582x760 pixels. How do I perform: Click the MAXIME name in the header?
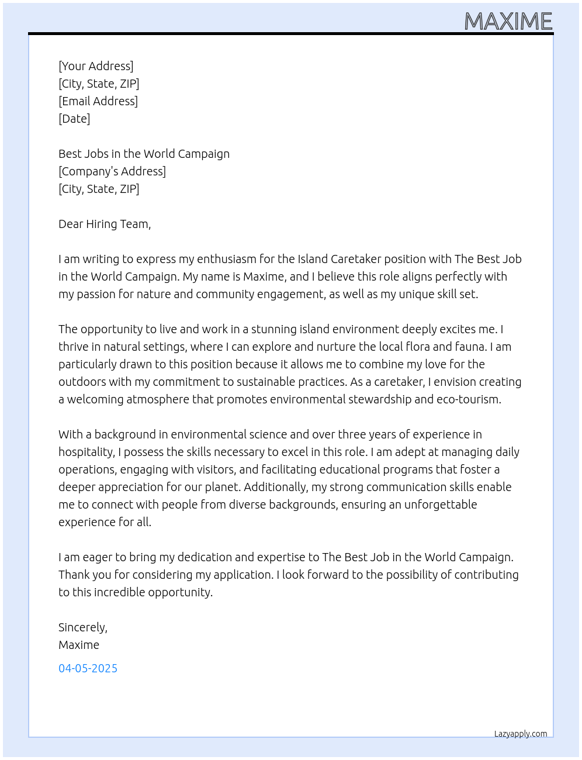tap(508, 22)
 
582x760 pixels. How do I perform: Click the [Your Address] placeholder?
tap(96, 66)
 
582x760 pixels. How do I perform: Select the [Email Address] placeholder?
tap(98, 101)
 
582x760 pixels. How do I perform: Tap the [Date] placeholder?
tap(74, 119)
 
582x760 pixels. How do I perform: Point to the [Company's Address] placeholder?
tap(112, 171)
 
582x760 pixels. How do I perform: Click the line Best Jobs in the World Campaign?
tap(144, 154)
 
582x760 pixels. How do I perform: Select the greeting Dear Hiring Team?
tap(105, 224)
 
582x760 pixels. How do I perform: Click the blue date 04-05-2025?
tap(88, 668)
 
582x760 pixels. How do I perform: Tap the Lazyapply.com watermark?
tap(520, 734)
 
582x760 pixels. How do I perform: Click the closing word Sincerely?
tap(83, 627)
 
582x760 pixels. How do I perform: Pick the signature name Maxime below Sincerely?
tap(79, 645)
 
